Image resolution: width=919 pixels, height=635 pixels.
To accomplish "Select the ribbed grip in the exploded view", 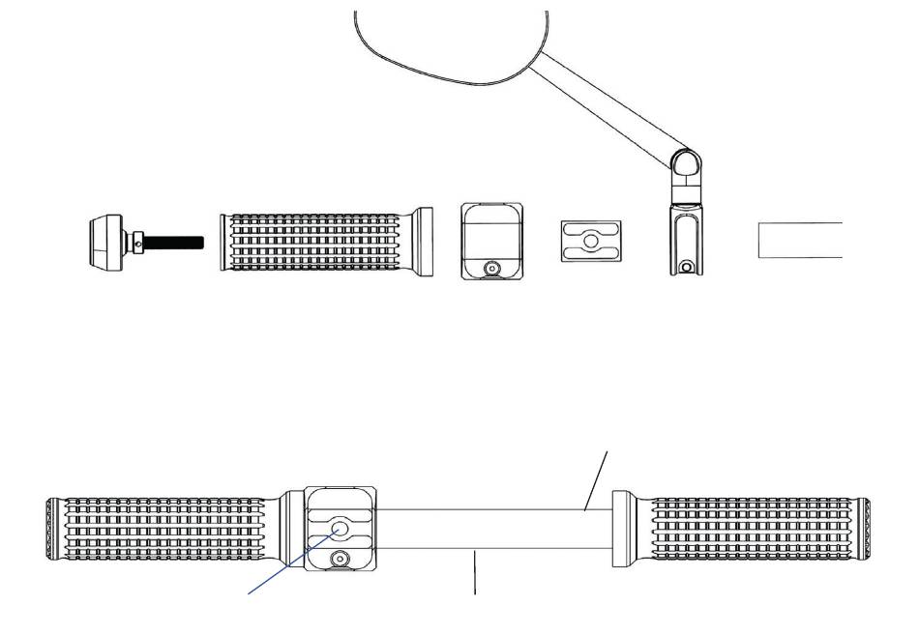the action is pos(319,242).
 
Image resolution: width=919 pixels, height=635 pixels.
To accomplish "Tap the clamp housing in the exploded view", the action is pos(492,232).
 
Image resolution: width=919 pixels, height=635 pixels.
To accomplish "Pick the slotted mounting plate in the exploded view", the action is pos(589,240).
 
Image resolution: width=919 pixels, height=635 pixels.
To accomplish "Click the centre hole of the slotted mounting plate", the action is pos(589,240).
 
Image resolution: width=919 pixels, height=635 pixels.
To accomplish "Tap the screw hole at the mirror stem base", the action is pos(687,267).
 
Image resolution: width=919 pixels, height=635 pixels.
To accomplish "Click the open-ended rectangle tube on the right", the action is pos(799,240).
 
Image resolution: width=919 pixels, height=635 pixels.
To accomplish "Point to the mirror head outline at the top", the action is pos(445,48).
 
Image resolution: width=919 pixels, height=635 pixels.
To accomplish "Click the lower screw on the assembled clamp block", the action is pos(340,559).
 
